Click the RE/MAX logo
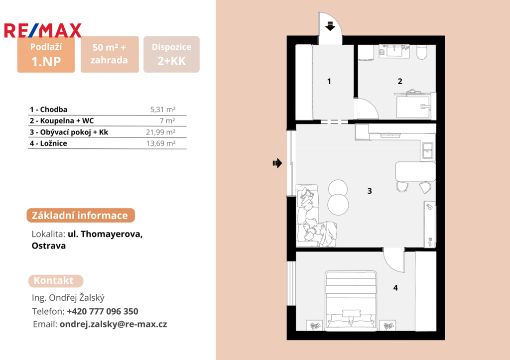43,30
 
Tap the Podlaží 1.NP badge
46,54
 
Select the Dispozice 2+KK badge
171,54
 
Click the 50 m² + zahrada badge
110,54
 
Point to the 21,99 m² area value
161,132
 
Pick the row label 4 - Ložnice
48,143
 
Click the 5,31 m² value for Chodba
163,110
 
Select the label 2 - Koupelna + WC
62,120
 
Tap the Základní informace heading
81,215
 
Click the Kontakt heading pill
56,281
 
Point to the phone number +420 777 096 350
103,311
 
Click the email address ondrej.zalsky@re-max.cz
113,324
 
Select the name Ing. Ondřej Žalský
68,298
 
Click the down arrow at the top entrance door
330,26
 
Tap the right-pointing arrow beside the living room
277,163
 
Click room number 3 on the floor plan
370,191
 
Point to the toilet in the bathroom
422,52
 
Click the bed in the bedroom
351,301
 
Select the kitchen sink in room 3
427,150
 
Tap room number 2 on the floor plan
400,81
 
